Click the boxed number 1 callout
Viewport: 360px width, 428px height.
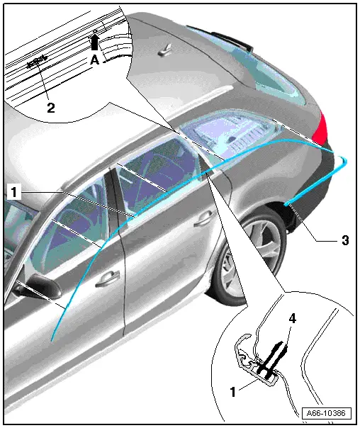[x=13, y=192]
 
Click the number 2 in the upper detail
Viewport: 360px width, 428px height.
[x=51, y=108]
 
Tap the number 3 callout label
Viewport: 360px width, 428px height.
[x=345, y=240]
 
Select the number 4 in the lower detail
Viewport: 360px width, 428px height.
[x=292, y=318]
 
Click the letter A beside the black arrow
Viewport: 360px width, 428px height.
[x=94, y=60]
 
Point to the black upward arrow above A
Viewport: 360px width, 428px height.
[x=94, y=42]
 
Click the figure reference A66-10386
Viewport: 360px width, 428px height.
[x=326, y=413]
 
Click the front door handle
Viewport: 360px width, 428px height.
[x=108, y=278]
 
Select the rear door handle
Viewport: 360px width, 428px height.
[x=203, y=218]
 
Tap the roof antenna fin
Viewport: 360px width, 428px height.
[x=164, y=50]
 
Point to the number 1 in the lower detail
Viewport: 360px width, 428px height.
[x=232, y=392]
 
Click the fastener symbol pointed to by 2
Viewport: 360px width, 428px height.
[x=37, y=62]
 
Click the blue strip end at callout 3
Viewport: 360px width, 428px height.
[x=285, y=204]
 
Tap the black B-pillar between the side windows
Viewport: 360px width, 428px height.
[x=114, y=196]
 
